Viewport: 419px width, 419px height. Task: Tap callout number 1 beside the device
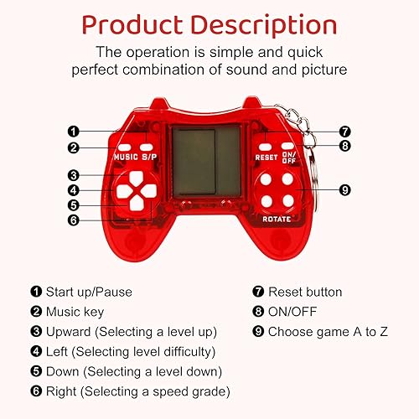tap(74, 131)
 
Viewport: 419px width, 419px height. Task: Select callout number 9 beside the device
tap(344, 190)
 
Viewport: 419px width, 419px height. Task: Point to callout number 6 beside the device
tap(74, 220)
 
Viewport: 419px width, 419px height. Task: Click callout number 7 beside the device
tap(344, 131)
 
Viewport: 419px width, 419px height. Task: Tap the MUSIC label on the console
tap(126, 157)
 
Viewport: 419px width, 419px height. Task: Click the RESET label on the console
tap(266, 157)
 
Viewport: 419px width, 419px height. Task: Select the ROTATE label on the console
tap(276, 219)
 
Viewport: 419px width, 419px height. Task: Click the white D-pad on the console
tap(129, 191)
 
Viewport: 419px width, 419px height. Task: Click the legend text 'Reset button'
tap(304, 292)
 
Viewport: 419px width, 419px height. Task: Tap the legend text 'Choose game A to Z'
tap(328, 330)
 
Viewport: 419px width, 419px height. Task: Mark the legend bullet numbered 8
tap(258, 311)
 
